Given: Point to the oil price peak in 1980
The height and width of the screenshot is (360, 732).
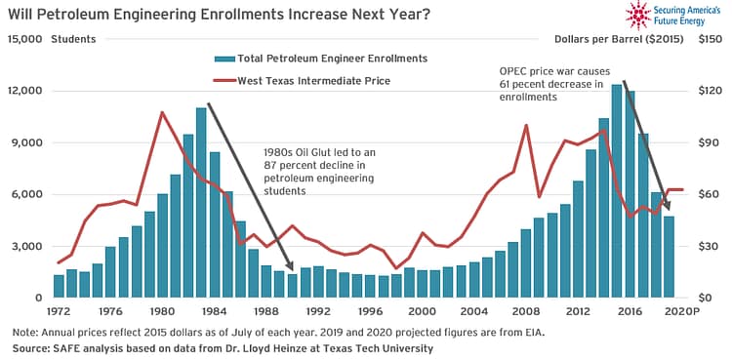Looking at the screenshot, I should click(x=162, y=112).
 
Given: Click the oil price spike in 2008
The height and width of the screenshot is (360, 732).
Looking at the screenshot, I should click(x=526, y=125).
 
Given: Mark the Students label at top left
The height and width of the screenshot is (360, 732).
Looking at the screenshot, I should click(x=73, y=39).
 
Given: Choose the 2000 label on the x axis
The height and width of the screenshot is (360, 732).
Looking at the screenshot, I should click(x=422, y=311).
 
